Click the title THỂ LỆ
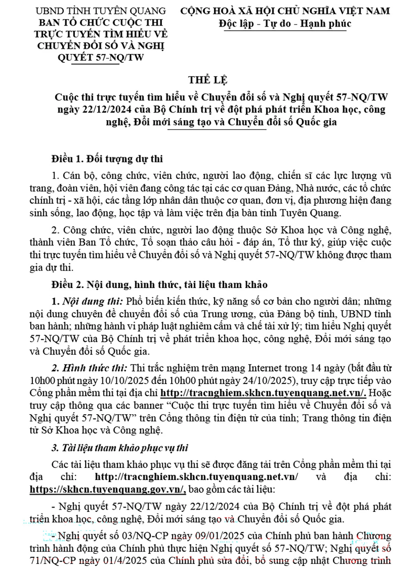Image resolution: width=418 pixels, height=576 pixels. click(x=208, y=80)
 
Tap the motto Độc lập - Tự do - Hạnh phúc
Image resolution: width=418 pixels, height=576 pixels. click(x=285, y=24)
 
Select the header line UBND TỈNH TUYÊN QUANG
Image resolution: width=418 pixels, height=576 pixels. click(x=101, y=11)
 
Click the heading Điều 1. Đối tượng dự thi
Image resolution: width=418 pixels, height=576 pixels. click(x=107, y=159)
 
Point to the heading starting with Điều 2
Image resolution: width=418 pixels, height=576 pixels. click(x=160, y=285)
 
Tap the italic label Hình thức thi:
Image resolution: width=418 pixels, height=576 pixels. click(x=94, y=368)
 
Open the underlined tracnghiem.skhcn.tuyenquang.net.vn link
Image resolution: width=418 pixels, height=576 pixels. click(x=263, y=393)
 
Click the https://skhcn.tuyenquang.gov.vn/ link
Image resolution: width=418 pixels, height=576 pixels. click(x=108, y=489)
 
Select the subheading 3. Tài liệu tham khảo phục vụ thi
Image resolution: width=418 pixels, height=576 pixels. click(x=120, y=448)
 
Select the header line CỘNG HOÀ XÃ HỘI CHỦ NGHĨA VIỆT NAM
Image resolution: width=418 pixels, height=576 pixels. click(x=285, y=11)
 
